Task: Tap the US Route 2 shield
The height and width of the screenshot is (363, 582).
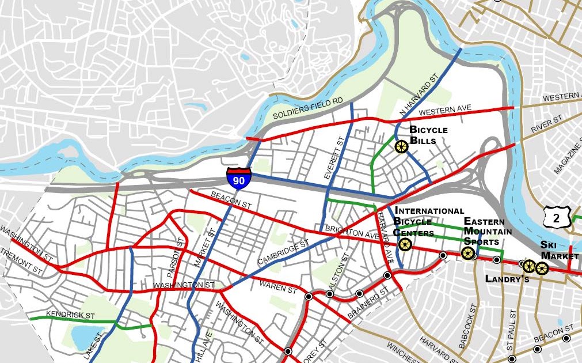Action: coord(556,217)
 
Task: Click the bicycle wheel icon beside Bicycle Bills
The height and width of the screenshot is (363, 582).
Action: coord(401,148)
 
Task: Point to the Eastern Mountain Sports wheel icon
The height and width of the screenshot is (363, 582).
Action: coord(468,253)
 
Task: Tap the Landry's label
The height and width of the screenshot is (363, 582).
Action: coord(507,279)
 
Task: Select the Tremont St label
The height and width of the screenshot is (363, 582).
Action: coord(21,261)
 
